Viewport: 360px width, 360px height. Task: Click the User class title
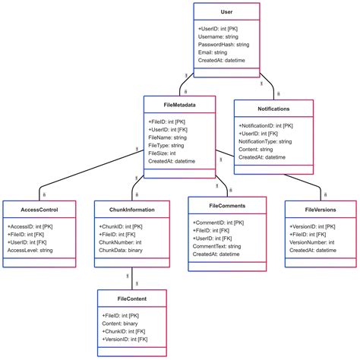click(x=226, y=13)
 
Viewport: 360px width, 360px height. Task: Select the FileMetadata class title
click(x=179, y=106)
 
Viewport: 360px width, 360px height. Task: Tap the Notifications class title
click(x=273, y=109)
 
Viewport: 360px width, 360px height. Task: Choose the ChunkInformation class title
click(x=126, y=209)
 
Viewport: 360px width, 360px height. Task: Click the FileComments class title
click(x=227, y=205)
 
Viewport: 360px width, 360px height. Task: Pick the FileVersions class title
click(x=321, y=209)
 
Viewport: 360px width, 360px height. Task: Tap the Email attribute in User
click(x=215, y=52)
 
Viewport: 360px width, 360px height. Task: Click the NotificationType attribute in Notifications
click(x=265, y=141)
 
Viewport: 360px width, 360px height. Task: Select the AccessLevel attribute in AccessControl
click(x=30, y=250)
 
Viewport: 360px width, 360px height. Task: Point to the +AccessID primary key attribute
click(x=30, y=226)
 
